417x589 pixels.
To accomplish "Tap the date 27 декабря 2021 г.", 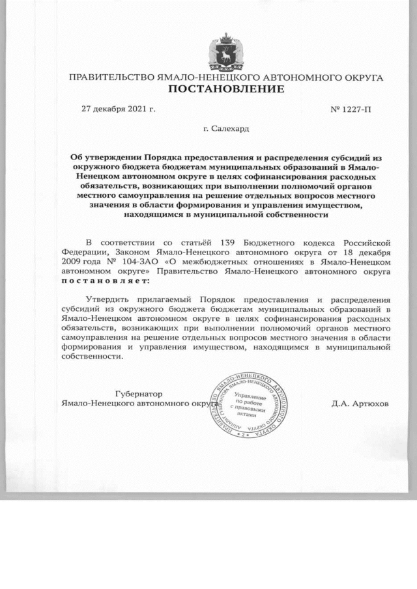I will pos(118,107).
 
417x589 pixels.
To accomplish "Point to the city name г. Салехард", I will pos(225,129).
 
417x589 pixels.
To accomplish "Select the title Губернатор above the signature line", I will pos(139,394).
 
